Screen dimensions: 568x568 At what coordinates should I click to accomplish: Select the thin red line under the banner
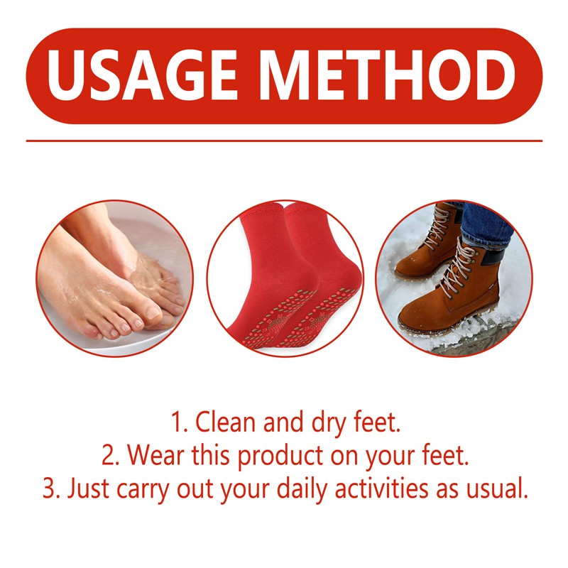(284, 141)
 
